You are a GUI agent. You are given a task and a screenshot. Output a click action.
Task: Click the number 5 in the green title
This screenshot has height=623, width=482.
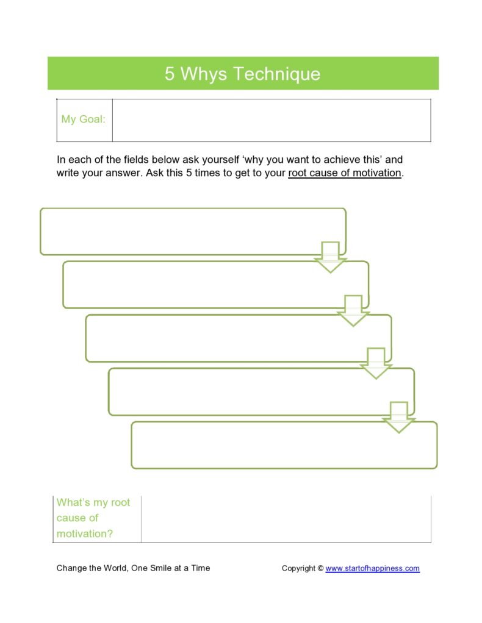coord(169,74)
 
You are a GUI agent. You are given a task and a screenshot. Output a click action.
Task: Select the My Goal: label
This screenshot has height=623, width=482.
coord(83,119)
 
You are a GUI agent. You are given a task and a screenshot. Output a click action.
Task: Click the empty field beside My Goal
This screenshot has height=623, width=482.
coord(272,120)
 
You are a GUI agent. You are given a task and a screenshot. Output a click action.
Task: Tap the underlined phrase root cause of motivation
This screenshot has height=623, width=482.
coord(345,173)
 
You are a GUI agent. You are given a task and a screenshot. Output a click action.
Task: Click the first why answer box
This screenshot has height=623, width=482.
coord(183,231)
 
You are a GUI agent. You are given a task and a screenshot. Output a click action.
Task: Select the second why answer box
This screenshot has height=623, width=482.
coord(201,285)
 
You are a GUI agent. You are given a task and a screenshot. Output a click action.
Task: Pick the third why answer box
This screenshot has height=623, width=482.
coord(220,338)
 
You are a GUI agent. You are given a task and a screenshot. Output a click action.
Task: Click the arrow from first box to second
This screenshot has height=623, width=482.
coord(330,257)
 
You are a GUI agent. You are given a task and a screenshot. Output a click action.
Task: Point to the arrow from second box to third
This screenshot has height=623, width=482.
coord(353,310)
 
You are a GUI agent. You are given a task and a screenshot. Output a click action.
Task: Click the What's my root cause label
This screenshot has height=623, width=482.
coord(93,518)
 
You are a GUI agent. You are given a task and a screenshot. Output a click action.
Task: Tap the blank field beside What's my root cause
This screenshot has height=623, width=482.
coord(286,519)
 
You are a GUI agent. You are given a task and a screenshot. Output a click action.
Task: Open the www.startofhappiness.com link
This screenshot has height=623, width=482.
coord(372,568)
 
